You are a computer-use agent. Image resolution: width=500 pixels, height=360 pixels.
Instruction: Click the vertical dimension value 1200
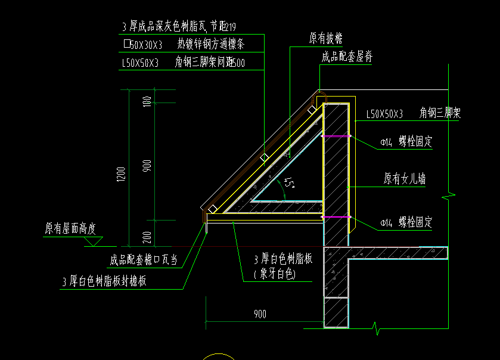point(122,174)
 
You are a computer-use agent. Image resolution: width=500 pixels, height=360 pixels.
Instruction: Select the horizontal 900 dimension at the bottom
point(260,314)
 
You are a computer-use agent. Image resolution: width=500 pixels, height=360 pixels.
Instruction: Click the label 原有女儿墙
point(405,179)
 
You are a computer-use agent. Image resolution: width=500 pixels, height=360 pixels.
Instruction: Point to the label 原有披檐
point(325,39)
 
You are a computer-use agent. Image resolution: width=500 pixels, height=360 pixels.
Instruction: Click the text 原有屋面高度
point(70,229)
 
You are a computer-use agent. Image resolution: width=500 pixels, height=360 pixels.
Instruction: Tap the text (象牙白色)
point(275,274)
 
